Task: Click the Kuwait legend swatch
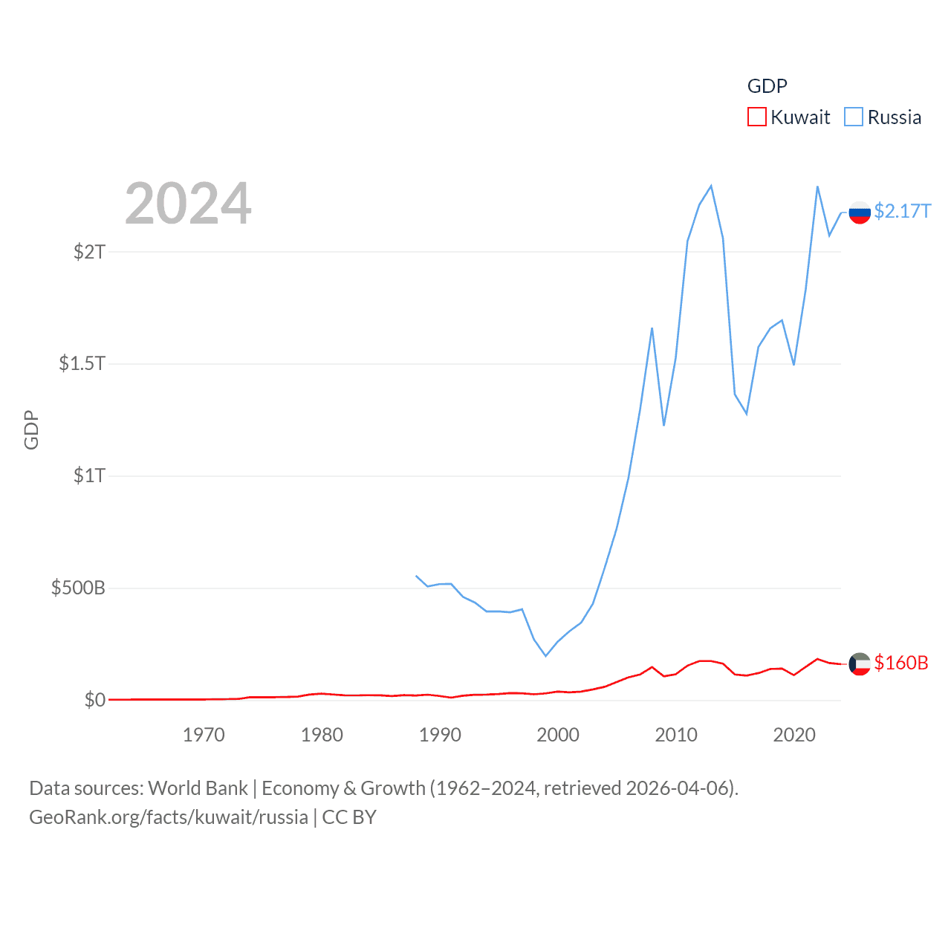pyautogui.click(x=756, y=117)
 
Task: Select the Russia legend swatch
pyautogui.click(x=854, y=117)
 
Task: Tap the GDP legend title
pyautogui.click(x=767, y=86)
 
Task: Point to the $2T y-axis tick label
pyautogui.click(x=89, y=252)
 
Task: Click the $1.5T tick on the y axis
pyautogui.click(x=82, y=363)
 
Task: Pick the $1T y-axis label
pyautogui.click(x=89, y=475)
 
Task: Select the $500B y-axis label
pyautogui.click(x=78, y=588)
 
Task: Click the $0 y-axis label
pyautogui.click(x=94, y=700)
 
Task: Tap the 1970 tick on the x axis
pyautogui.click(x=204, y=736)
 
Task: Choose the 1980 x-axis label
pyautogui.click(x=322, y=736)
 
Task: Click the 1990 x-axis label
pyautogui.click(x=440, y=736)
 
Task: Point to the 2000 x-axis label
pyautogui.click(x=558, y=736)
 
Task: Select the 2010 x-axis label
pyautogui.click(x=676, y=736)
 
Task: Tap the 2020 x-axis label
pyautogui.click(x=794, y=736)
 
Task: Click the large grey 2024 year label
pyautogui.click(x=188, y=204)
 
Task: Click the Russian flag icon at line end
pyautogui.click(x=860, y=212)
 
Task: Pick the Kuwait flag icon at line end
pyautogui.click(x=860, y=663)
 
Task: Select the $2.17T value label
pyautogui.click(x=902, y=212)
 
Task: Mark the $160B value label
pyautogui.click(x=901, y=663)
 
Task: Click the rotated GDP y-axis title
pyautogui.click(x=31, y=429)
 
